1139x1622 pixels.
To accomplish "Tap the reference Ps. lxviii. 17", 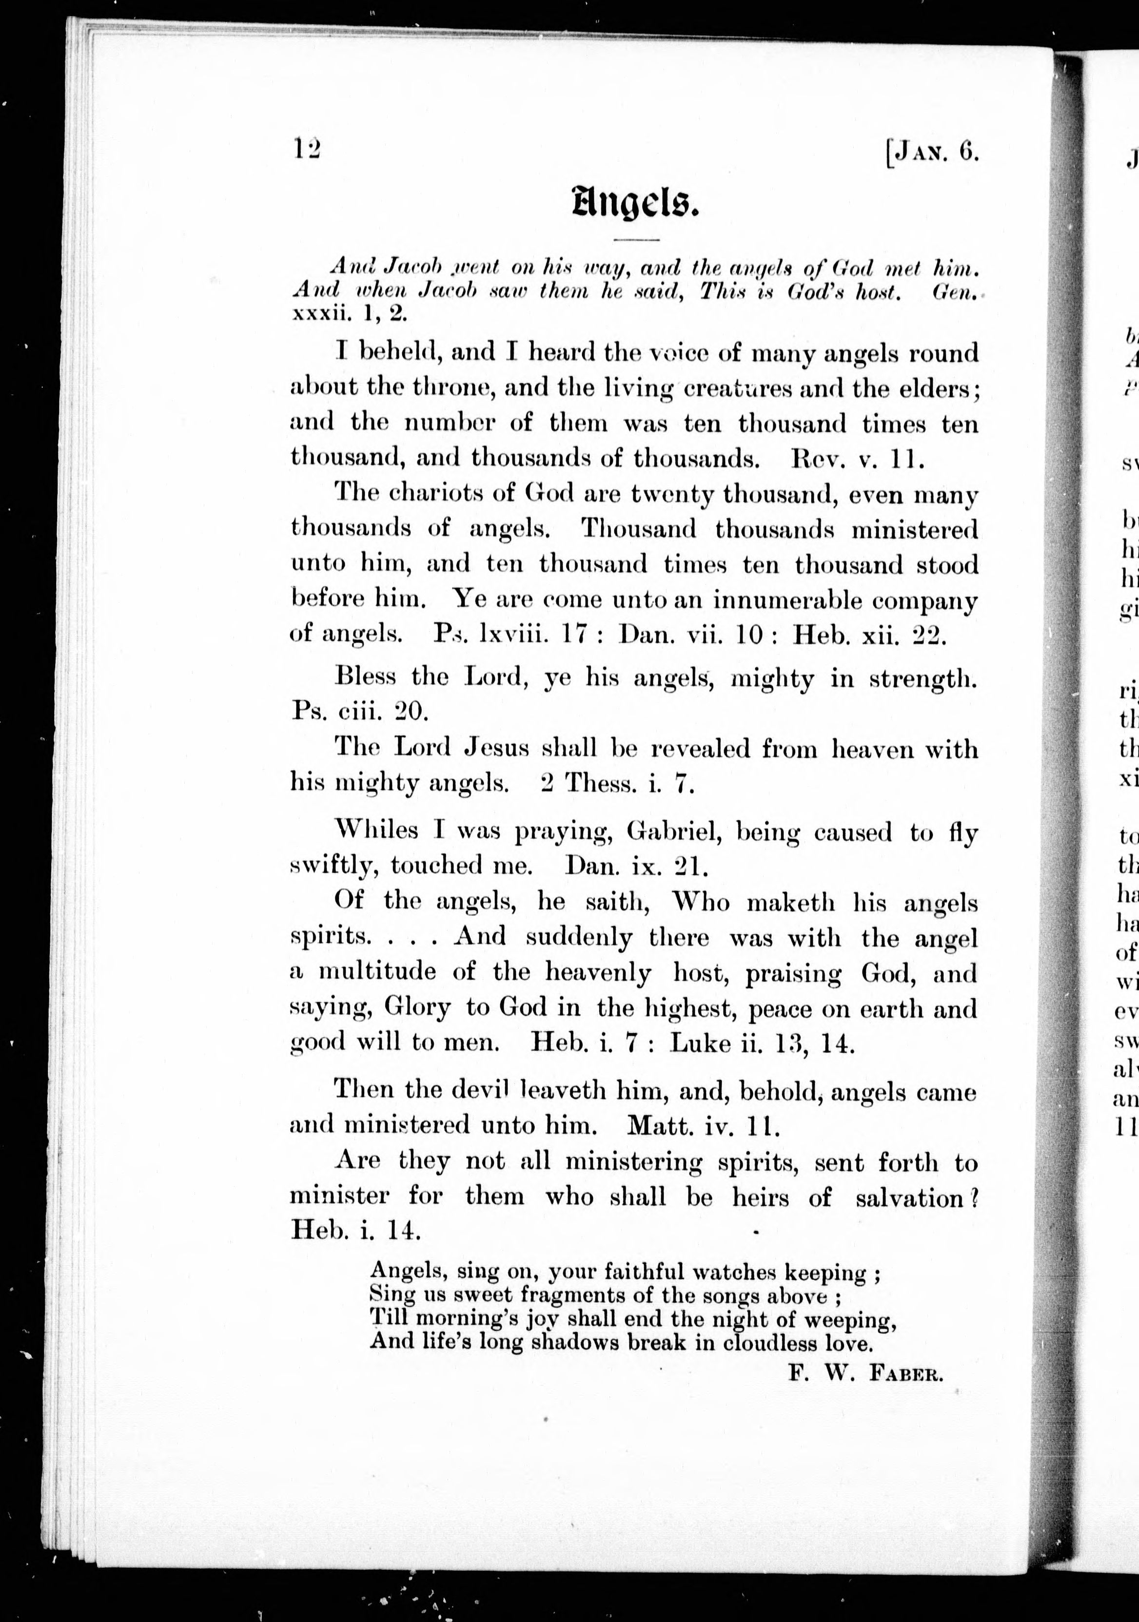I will coord(510,635).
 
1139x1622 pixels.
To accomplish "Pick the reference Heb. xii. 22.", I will coord(869,635).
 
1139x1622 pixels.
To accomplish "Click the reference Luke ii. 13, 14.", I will coord(763,1043).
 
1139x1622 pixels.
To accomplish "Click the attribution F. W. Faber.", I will coord(865,1374).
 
